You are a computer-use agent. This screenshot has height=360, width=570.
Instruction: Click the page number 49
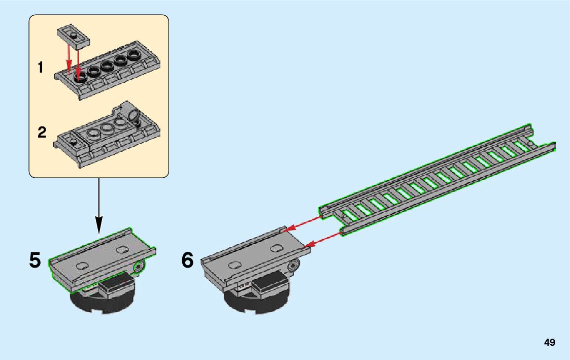click(x=550, y=342)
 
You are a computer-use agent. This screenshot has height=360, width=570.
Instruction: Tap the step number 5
click(x=35, y=260)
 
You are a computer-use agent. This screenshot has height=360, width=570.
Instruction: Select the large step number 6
click(x=188, y=260)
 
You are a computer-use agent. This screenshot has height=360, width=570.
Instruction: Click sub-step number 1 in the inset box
click(x=41, y=67)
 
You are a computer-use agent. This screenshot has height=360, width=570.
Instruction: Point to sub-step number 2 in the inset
click(x=42, y=132)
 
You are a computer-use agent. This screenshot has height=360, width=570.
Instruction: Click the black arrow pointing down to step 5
click(x=98, y=206)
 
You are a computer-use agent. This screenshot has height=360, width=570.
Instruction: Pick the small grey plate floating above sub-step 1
click(x=74, y=37)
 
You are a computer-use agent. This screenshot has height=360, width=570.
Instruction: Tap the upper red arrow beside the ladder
click(x=303, y=223)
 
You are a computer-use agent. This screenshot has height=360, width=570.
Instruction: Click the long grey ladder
click(x=436, y=179)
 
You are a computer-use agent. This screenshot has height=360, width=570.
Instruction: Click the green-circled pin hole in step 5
click(x=138, y=267)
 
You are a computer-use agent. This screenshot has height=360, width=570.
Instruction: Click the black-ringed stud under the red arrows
click(x=80, y=76)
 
